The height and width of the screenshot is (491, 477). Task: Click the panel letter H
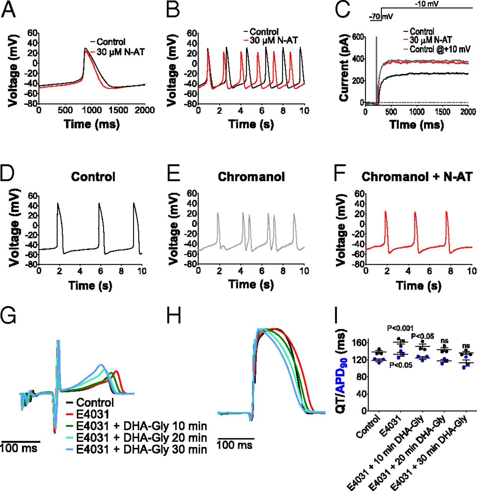point(174,317)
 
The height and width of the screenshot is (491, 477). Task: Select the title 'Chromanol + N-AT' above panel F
point(417,177)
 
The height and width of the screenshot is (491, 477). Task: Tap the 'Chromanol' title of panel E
point(251,177)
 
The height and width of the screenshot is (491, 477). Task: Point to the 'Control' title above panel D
point(93,177)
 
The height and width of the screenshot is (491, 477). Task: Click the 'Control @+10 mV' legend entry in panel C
point(440,49)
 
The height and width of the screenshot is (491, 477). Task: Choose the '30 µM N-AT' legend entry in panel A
point(120,52)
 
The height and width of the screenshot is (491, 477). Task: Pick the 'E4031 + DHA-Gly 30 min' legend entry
point(141,450)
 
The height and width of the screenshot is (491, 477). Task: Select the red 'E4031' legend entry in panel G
point(92,414)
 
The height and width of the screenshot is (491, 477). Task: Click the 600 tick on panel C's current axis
point(358,37)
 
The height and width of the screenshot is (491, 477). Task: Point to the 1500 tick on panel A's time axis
point(118,110)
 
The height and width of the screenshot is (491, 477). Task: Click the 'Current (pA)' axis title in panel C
point(344,68)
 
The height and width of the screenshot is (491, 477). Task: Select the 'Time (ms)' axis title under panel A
point(92,124)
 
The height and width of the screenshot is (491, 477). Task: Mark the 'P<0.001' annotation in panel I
point(400,328)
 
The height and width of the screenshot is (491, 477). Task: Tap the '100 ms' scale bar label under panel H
point(234,445)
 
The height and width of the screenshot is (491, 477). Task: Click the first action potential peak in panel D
point(58,203)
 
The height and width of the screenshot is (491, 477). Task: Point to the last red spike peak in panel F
point(446,212)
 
